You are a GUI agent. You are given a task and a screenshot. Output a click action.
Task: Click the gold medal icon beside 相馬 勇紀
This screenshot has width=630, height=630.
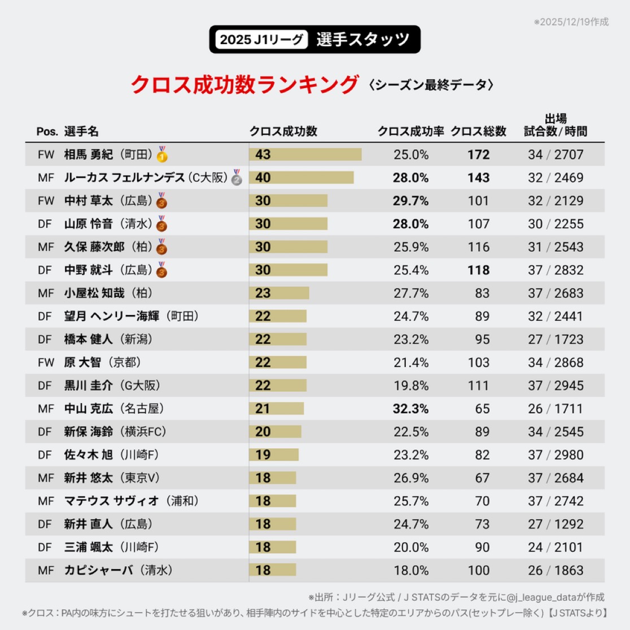(162, 154)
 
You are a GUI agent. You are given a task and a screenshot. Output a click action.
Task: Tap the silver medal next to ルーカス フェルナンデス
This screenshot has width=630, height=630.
(237, 178)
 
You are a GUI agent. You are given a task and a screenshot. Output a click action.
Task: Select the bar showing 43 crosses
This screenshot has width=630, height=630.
(305, 154)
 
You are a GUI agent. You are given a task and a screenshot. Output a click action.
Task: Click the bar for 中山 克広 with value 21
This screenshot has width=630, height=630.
(277, 409)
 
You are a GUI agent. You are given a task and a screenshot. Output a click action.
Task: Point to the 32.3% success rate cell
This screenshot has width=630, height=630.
(410, 409)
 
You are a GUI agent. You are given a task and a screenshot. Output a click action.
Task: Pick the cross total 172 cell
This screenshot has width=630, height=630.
(478, 155)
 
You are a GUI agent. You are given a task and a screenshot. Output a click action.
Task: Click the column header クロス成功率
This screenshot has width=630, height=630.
(410, 132)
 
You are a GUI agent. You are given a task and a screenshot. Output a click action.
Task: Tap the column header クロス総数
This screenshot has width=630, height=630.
(478, 132)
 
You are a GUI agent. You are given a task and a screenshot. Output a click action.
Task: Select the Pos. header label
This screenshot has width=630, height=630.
(47, 132)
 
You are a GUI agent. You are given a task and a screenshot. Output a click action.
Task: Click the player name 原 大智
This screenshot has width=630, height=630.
(82, 362)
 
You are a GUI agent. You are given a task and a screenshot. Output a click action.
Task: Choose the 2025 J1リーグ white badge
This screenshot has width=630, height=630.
(261, 40)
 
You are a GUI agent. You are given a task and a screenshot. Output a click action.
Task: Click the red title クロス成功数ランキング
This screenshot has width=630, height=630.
(244, 85)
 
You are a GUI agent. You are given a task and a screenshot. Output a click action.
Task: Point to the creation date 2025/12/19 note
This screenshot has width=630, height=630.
(571, 21)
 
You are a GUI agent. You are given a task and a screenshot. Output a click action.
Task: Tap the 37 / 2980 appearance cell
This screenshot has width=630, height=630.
(555, 455)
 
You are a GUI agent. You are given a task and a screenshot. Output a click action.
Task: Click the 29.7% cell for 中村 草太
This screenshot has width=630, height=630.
(410, 201)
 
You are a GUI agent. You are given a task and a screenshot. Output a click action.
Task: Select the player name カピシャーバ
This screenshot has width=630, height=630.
(97, 571)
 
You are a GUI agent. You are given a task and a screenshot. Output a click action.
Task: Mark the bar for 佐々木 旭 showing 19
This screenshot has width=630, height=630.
(274, 455)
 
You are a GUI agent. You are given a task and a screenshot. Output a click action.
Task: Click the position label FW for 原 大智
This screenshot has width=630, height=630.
(46, 362)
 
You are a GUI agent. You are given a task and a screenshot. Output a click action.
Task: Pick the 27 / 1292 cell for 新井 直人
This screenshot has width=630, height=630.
(555, 524)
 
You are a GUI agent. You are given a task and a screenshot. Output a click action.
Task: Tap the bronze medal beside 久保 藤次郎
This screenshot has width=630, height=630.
(161, 247)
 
